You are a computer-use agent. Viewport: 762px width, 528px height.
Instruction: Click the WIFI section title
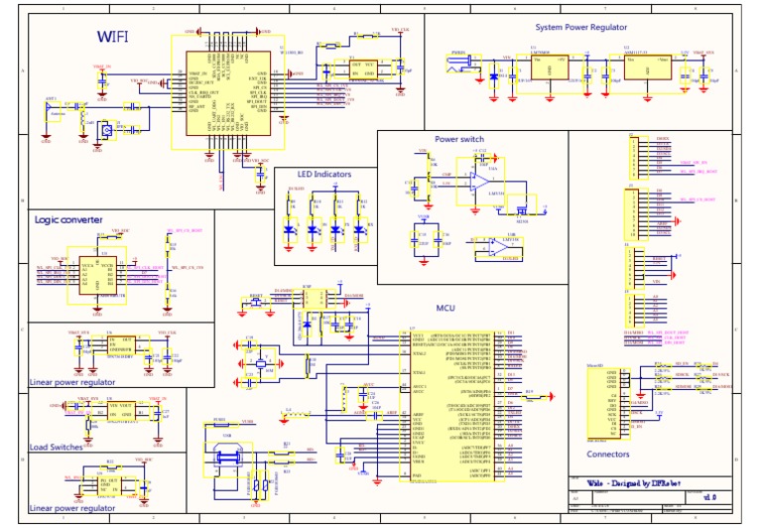pyautogui.click(x=112, y=37)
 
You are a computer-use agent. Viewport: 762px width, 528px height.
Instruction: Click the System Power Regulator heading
pyautogui.click(x=580, y=27)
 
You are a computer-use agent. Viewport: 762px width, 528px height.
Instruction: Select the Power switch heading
pyautogui.click(x=459, y=139)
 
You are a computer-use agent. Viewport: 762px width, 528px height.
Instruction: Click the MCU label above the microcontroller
pyautogui.click(x=445, y=308)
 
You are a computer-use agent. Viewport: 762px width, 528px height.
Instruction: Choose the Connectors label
pyautogui.click(x=608, y=455)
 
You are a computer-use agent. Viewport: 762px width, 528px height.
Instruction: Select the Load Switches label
pyautogui.click(x=56, y=448)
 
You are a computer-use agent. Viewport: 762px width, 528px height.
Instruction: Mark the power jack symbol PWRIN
pyautogui.click(x=458, y=64)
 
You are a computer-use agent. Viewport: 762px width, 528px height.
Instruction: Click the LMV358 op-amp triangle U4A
pyautogui.click(x=482, y=181)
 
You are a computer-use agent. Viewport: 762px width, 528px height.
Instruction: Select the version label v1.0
pyautogui.click(x=709, y=495)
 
